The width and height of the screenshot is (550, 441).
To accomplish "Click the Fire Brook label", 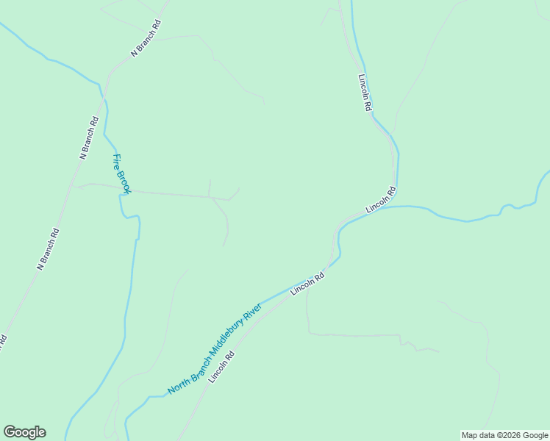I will [121, 174].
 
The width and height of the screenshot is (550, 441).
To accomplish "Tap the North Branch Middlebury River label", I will [214, 348].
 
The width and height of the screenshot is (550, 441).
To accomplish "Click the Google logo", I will [24, 432].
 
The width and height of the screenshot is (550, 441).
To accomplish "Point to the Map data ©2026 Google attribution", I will [504, 435].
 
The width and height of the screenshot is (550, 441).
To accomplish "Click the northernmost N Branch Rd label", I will [146, 38].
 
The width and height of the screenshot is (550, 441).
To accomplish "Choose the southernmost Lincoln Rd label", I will [221, 366].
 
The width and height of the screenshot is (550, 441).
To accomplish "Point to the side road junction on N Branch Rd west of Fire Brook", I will [78, 186].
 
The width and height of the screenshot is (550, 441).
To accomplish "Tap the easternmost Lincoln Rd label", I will [381, 200].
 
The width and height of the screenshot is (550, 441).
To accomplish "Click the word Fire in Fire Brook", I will [116, 162].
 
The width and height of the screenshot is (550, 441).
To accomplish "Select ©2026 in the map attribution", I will [504, 435].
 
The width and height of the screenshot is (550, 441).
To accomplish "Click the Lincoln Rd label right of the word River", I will [307, 284].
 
